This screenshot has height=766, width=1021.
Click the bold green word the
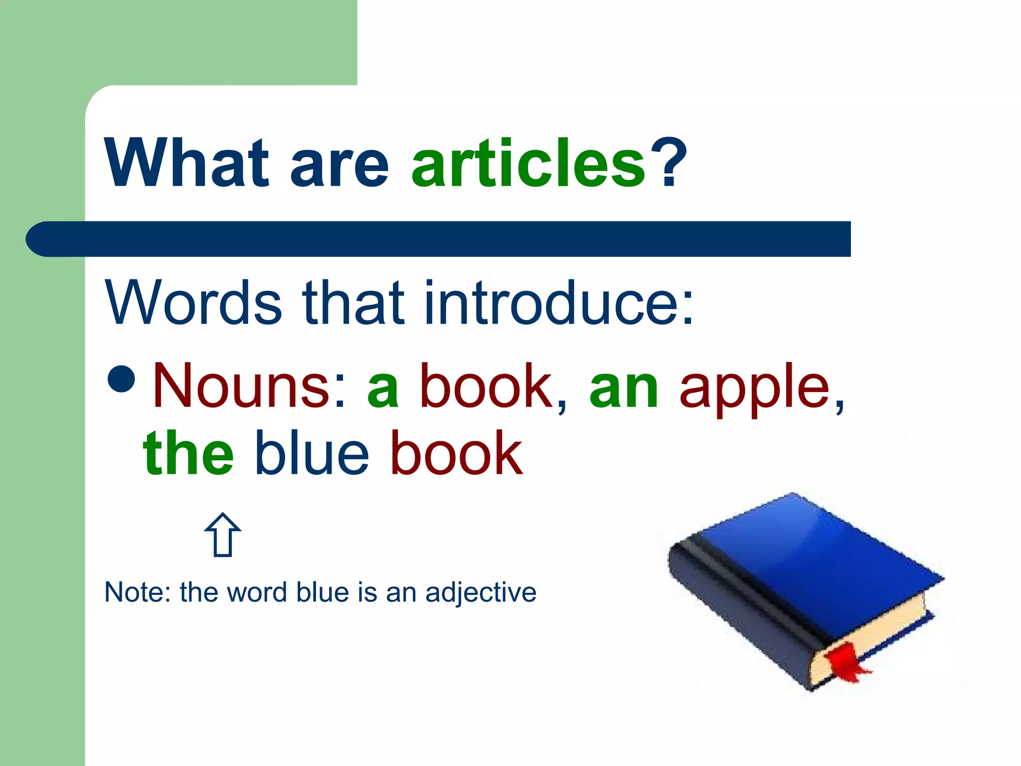[188, 453]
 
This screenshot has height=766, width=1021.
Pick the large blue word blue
[312, 453]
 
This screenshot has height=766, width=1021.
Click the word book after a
[486, 386]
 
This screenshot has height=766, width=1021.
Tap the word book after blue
[456, 453]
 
